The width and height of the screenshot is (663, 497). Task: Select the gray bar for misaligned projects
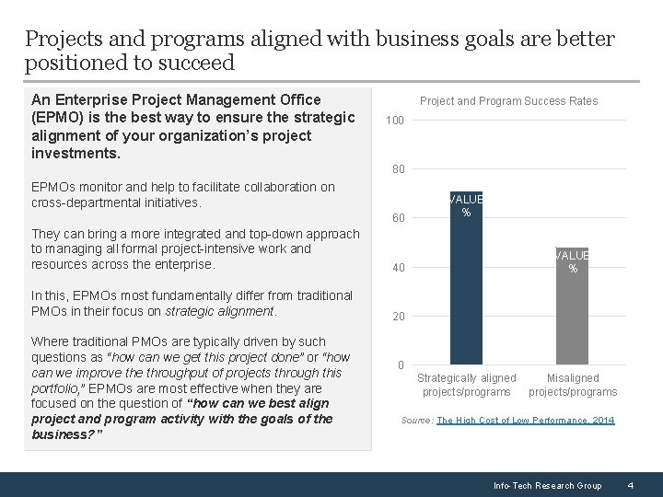tap(573, 313)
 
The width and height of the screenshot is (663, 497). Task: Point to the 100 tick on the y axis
tap(395, 121)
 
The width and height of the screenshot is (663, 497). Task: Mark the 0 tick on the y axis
tap(400, 365)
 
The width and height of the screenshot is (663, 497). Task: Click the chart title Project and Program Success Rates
tap(508, 101)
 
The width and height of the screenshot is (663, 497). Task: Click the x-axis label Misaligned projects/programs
tap(573, 385)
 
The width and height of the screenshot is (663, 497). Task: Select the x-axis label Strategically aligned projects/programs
tap(466, 385)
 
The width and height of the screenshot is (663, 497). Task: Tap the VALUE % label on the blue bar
tap(466, 205)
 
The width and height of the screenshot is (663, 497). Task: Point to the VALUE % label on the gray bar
tap(573, 261)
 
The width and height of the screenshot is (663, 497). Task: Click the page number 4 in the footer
tap(630, 485)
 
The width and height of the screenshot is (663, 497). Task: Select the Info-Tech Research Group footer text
tap(547, 485)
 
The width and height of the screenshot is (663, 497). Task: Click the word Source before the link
tap(416, 421)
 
